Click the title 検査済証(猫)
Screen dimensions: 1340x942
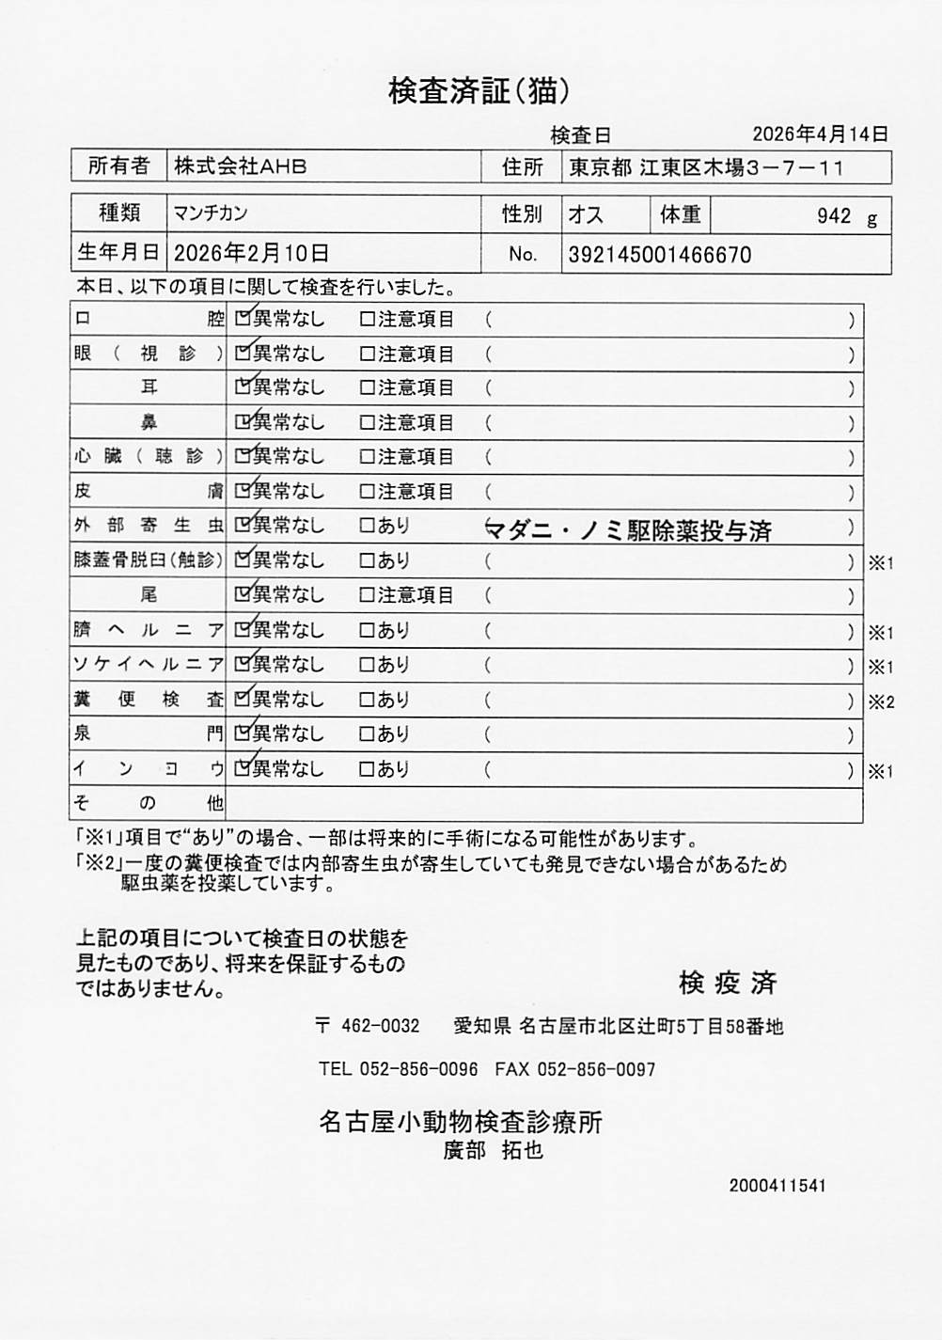coord(479,91)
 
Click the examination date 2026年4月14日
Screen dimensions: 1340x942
coord(820,134)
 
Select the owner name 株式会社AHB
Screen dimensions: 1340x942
coord(241,167)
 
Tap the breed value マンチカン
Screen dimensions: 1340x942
coord(211,213)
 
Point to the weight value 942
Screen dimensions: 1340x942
coord(834,216)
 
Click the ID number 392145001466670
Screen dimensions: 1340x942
coord(659,255)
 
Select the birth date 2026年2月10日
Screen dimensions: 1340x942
coord(251,253)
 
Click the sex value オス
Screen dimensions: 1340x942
coord(586,214)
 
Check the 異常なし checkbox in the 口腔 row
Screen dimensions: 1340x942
coord(243,319)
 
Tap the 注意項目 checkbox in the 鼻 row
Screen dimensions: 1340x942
coord(368,422)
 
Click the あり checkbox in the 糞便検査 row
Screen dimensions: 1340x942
coord(368,700)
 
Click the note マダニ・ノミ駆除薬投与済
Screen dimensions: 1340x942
coord(628,530)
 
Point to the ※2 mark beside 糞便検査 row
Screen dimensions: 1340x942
coord(881,702)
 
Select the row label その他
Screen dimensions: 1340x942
coord(149,804)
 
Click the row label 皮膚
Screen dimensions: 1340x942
coord(149,491)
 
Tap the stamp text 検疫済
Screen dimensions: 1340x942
coord(728,984)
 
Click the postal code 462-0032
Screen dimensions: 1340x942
coord(380,1026)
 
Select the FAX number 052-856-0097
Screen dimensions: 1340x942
coord(596,1069)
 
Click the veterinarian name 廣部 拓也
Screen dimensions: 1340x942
coord(493,1150)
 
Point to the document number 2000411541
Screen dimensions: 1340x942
coord(777,1186)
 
